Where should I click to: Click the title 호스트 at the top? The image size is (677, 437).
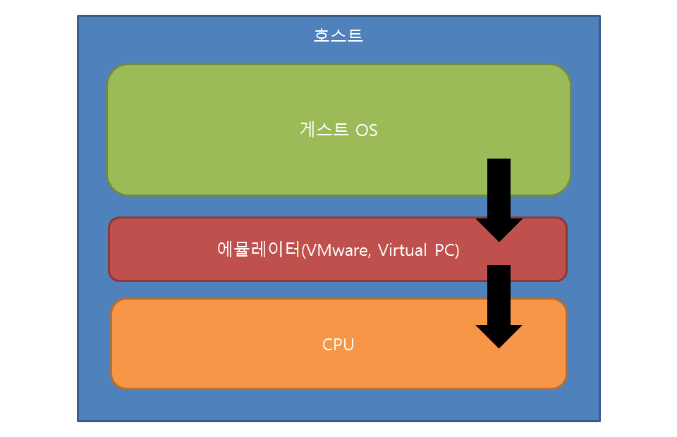pos(338,35)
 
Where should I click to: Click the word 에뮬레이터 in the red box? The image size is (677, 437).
pos(258,250)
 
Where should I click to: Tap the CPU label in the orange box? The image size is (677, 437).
pos(338,345)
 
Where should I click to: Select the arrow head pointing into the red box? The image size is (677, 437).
pos(499,230)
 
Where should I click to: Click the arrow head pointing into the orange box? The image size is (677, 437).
pos(499,336)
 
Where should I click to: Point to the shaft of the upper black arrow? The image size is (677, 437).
pos(499,187)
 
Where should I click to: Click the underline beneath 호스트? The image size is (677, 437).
pos(338,42)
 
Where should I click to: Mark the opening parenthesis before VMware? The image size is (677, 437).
pos(303,251)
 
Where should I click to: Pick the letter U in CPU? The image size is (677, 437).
pos(348,345)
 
